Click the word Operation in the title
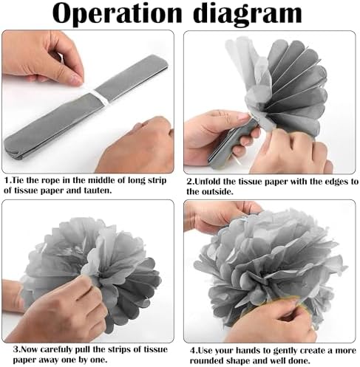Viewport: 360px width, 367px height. click(x=117, y=14)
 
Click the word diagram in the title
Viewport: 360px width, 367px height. click(x=248, y=14)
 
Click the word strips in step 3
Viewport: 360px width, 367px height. click(x=117, y=350)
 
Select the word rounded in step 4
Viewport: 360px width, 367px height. click(x=207, y=360)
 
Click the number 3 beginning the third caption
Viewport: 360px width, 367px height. click(x=16, y=350)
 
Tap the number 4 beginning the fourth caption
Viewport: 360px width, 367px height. click(x=193, y=351)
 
